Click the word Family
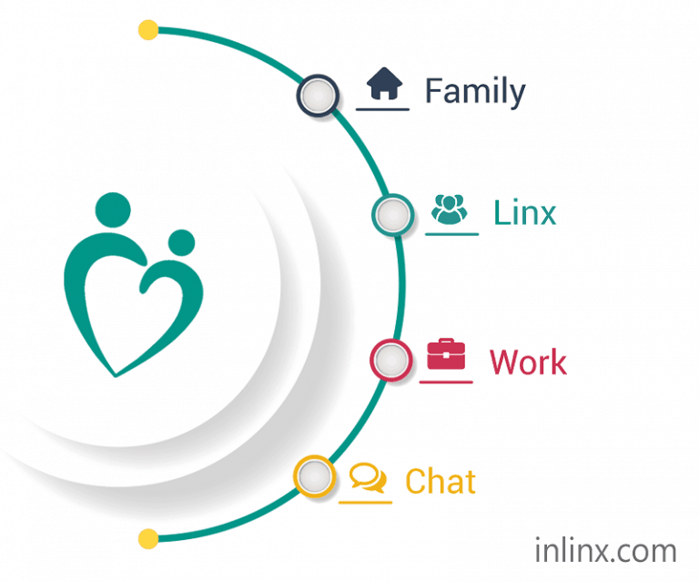pos(475,92)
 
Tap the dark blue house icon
pos(384,84)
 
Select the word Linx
pos(524,213)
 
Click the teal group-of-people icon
pos(450,209)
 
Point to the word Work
pos(528,362)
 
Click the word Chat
pos(441,481)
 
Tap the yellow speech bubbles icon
pos(368,477)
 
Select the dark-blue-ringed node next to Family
pos(318,96)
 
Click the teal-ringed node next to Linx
pos(393,215)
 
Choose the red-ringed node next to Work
pos(391,361)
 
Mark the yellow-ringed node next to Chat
pos(314,476)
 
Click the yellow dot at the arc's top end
pos(148,30)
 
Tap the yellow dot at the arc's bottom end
pos(148,539)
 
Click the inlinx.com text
pos(605,550)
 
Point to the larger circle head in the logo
pos(113,209)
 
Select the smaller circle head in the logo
pos(181,242)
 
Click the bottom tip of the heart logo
pos(116,377)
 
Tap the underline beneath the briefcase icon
pos(446,382)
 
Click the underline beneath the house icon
pos(382,108)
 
